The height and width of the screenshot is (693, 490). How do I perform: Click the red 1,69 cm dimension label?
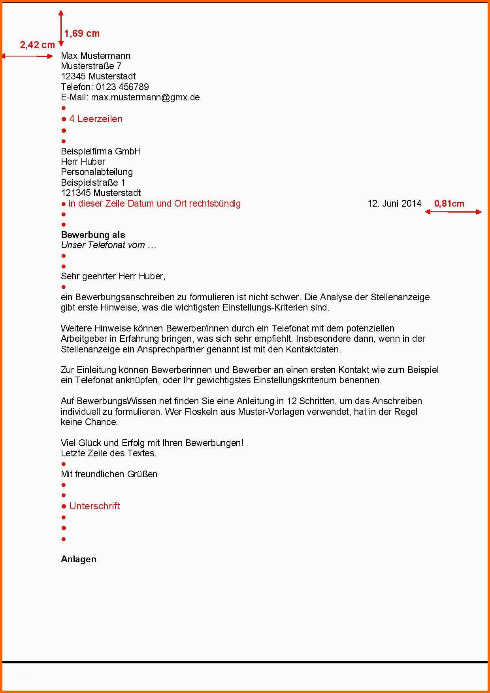[x=82, y=34]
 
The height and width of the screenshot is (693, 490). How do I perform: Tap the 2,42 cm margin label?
[x=37, y=45]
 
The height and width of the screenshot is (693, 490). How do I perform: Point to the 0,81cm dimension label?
[x=449, y=203]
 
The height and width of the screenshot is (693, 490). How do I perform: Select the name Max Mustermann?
[x=96, y=56]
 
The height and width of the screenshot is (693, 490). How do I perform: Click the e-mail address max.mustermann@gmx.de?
[x=145, y=97]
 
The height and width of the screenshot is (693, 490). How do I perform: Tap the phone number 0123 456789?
[x=122, y=87]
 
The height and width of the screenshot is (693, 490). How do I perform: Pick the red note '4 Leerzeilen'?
[x=96, y=119]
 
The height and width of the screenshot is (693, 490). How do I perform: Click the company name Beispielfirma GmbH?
[x=101, y=151]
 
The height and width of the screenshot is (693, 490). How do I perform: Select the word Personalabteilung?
[x=97, y=172]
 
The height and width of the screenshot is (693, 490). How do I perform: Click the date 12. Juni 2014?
[x=394, y=203]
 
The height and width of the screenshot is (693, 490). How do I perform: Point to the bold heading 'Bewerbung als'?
[x=93, y=235]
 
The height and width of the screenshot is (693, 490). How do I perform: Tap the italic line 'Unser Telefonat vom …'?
[x=109, y=245]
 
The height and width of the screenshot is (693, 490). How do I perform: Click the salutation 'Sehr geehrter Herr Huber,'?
[x=113, y=276]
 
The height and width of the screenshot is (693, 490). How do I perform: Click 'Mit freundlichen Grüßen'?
[x=109, y=474]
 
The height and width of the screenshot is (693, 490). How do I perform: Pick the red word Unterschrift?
[x=94, y=506]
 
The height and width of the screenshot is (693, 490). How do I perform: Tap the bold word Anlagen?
[x=79, y=559]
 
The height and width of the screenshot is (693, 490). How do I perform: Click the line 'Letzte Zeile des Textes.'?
[x=109, y=453]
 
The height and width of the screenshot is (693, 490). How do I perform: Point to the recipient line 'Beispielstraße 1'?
[x=93, y=183]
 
